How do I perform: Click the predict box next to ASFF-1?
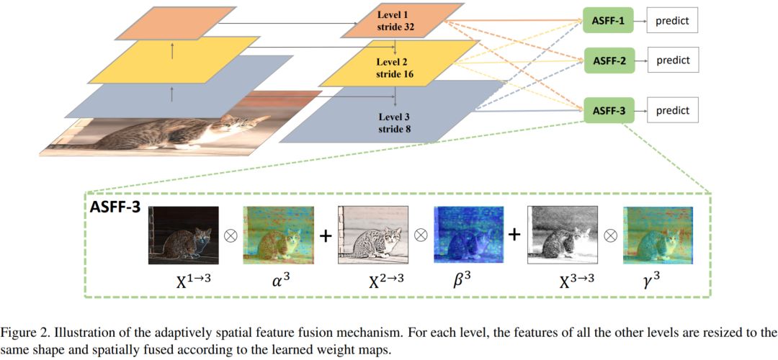[672, 22]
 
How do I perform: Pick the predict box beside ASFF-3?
[672, 111]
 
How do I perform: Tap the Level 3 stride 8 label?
[395, 123]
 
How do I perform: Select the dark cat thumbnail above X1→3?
[183, 235]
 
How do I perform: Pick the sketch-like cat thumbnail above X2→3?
[373, 235]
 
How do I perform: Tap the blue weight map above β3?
[468, 235]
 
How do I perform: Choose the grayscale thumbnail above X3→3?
[563, 235]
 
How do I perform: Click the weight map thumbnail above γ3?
[657, 235]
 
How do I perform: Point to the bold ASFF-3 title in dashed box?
[116, 207]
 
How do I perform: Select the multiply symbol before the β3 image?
[421, 235]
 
